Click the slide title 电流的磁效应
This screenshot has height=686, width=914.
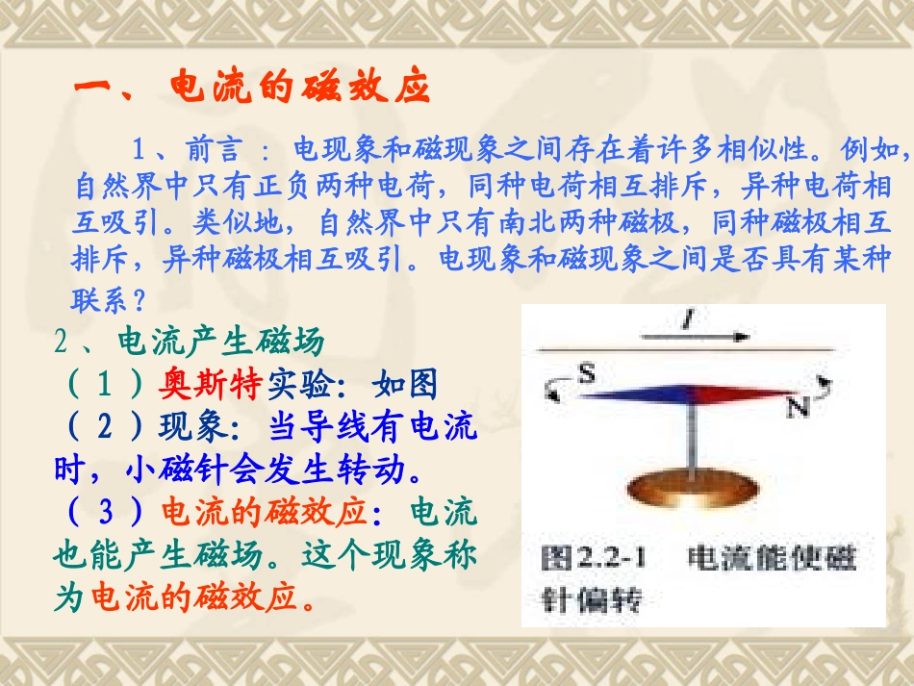coord(297,88)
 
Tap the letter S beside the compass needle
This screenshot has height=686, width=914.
coord(586,371)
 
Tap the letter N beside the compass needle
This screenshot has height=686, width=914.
coord(797,407)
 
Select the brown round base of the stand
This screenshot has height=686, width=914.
coord(689,487)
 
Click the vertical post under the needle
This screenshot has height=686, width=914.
coord(690,438)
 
